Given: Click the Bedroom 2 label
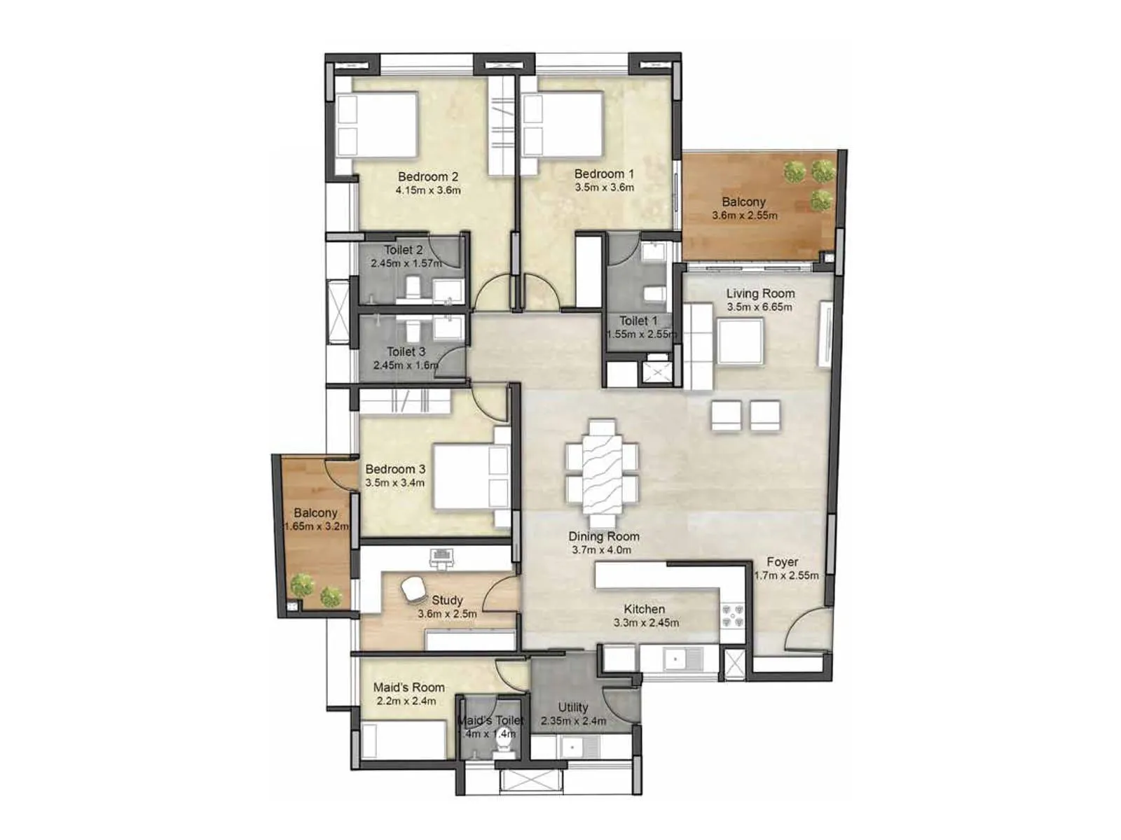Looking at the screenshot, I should click(x=427, y=176).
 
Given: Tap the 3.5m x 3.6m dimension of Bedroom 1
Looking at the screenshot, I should click(x=604, y=188).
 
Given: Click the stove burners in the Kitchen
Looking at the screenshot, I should click(x=733, y=616).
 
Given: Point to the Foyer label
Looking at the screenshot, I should click(x=782, y=562).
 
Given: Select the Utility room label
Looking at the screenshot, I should click(x=572, y=707).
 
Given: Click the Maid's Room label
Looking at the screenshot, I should click(x=408, y=687).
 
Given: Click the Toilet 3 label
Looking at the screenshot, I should click(x=406, y=351).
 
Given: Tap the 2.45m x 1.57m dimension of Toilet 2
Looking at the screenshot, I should click(x=406, y=263).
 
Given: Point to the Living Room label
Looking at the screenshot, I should click(x=760, y=293).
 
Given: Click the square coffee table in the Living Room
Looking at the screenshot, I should click(x=741, y=341).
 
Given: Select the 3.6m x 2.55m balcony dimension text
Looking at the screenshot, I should click(x=744, y=216).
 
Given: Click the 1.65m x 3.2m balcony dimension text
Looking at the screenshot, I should click(x=316, y=526).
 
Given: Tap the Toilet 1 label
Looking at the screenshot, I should click(x=638, y=321).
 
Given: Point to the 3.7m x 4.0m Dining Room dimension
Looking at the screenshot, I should click(x=601, y=550).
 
